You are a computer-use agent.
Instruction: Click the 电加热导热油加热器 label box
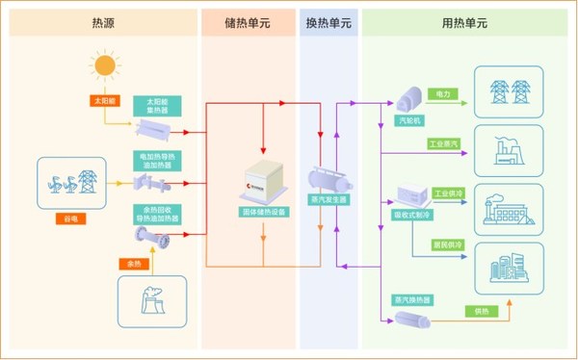tap(155, 160)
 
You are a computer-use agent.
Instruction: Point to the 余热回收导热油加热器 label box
tap(155, 214)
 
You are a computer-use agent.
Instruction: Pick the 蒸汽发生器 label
tap(328, 200)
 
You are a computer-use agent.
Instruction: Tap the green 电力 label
tap(442, 95)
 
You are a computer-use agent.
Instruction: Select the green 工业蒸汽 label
tap(445, 143)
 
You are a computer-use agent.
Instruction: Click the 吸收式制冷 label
tap(412, 215)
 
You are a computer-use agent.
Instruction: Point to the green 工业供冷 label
tap(449, 193)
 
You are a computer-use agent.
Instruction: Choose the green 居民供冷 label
tap(446, 245)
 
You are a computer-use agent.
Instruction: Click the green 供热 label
tap(482, 310)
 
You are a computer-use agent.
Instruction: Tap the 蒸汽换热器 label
tap(411, 299)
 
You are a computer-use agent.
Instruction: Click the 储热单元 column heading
tap(249, 21)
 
